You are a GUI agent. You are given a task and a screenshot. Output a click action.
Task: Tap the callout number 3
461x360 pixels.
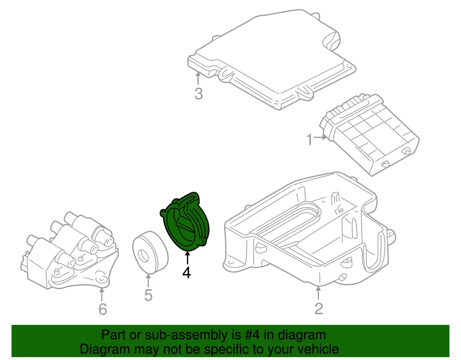(198, 94)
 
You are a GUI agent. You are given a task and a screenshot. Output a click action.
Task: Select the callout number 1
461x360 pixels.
(310, 140)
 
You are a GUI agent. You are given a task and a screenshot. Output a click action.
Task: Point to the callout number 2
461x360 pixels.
(319, 309)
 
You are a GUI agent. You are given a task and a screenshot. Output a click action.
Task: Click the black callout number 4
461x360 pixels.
(186, 273)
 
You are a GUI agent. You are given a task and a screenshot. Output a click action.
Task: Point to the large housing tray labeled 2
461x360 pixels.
(307, 231)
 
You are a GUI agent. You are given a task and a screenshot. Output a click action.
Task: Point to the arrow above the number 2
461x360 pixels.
(318, 292)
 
